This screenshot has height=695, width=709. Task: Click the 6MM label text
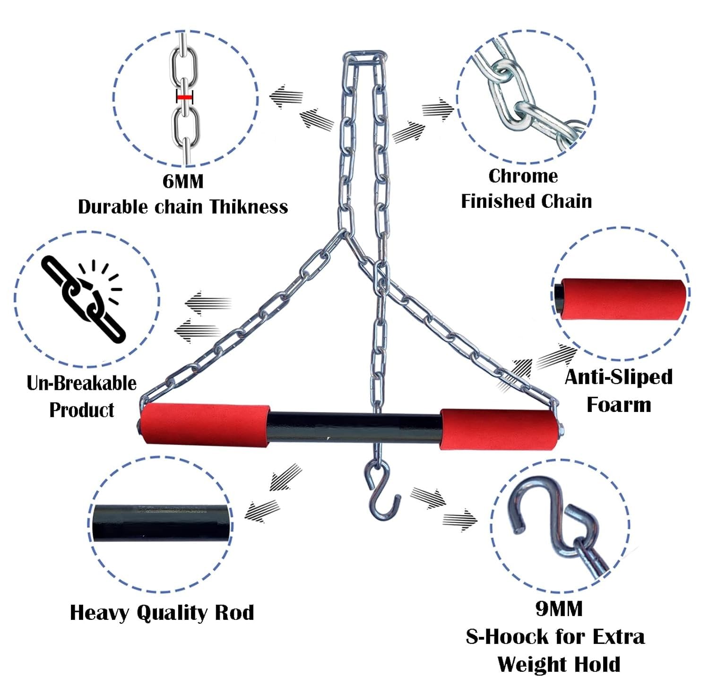pyautogui.click(x=183, y=181)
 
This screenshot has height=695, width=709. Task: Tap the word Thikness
pyautogui.click(x=249, y=207)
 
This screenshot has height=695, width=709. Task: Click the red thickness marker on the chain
pyautogui.click(x=184, y=97)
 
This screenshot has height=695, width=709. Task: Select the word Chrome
pyautogui.click(x=523, y=176)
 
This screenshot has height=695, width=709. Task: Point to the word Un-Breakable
pyautogui.click(x=81, y=383)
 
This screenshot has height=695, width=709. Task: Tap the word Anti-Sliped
pyautogui.click(x=618, y=377)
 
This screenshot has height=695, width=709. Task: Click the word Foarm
pyautogui.click(x=619, y=405)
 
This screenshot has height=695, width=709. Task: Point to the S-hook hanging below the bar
pyautogui.click(x=380, y=489)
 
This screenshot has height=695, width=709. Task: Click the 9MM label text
pyautogui.click(x=559, y=609)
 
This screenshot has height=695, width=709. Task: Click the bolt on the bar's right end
pyautogui.click(x=561, y=429)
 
